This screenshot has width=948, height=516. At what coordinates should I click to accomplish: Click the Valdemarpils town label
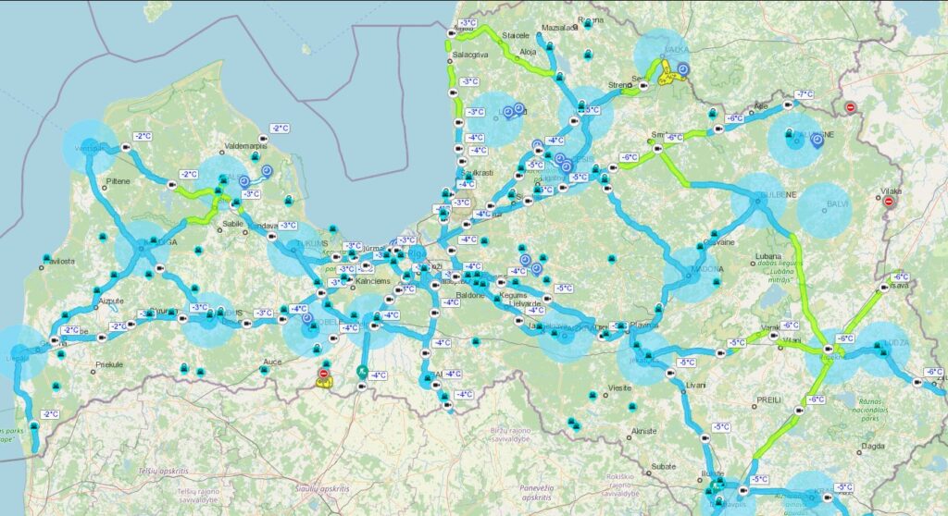(x=245, y=145)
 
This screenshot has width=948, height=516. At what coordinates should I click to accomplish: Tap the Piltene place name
(x=118, y=181)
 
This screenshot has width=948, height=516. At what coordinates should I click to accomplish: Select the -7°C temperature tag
(x=804, y=94)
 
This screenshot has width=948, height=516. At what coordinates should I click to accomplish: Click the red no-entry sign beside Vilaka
(x=889, y=201)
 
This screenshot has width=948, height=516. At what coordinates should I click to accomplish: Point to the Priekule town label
(x=112, y=364)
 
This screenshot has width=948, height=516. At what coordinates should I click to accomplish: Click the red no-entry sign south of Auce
(x=323, y=374)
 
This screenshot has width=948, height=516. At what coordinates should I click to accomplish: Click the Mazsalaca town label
(x=559, y=28)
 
